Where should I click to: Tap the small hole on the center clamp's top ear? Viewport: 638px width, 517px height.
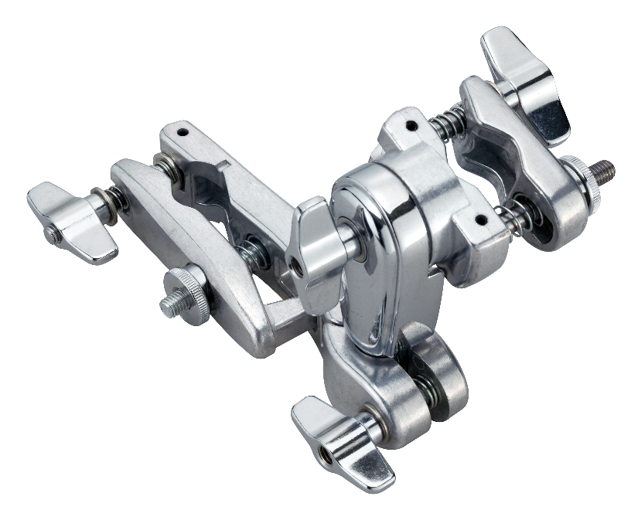click(x=411, y=122)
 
